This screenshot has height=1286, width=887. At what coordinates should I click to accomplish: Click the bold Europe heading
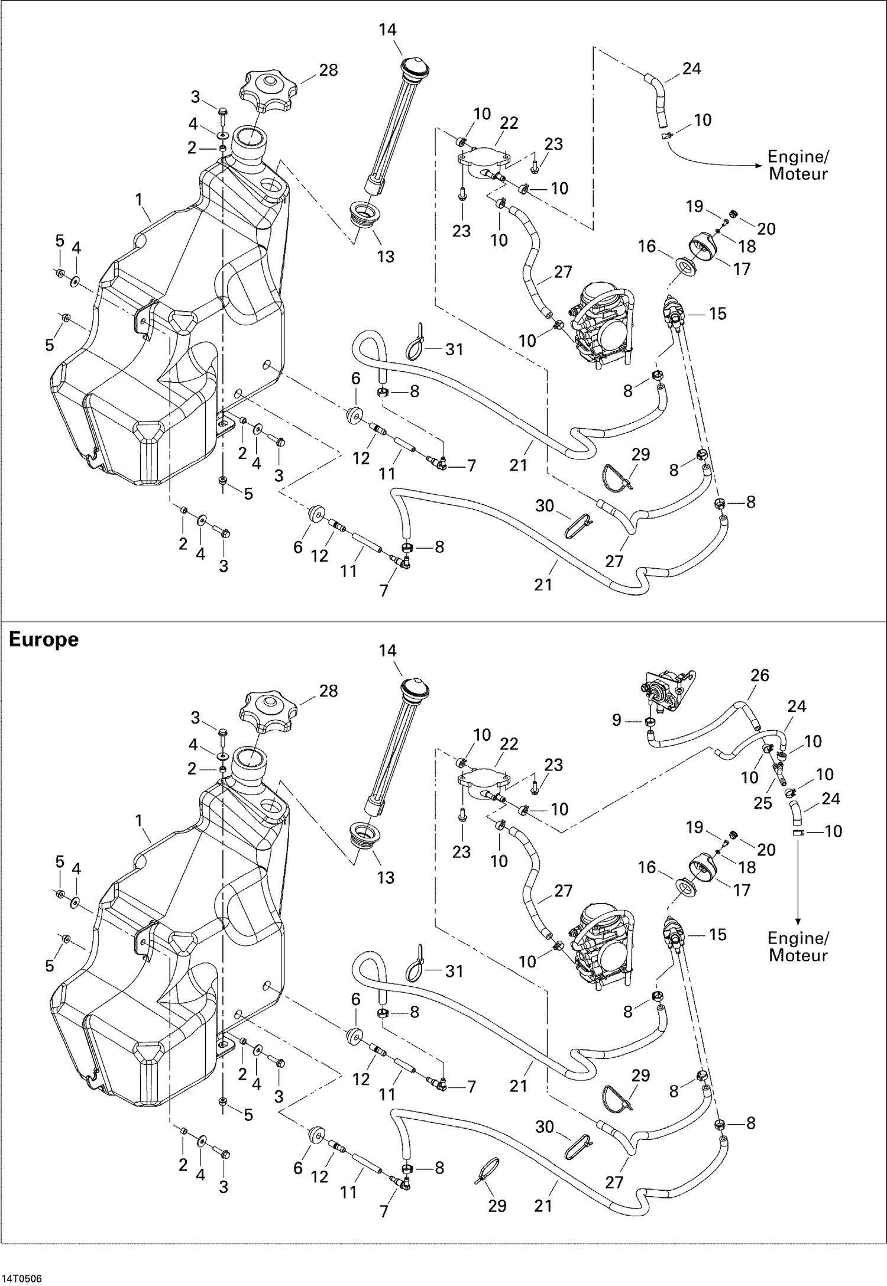44,640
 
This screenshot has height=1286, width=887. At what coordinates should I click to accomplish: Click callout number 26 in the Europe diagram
759,675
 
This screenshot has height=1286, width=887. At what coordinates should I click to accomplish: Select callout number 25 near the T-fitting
763,802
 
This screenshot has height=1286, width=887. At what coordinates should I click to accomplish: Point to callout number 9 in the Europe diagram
617,720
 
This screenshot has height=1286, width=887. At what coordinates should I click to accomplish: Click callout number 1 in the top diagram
139,200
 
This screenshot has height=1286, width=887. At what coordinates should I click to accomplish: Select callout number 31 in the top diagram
454,349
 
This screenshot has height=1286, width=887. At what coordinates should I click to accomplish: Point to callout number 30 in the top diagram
545,506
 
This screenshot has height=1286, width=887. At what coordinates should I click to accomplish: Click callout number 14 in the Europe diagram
387,650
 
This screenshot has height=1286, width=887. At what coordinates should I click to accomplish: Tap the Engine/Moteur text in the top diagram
798,165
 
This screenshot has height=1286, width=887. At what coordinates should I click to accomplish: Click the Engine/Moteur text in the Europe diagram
798,946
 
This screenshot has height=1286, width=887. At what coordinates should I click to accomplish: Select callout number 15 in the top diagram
717,313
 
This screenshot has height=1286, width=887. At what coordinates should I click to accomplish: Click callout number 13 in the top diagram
386,257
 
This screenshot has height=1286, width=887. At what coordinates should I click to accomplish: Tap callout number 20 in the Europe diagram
766,850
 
